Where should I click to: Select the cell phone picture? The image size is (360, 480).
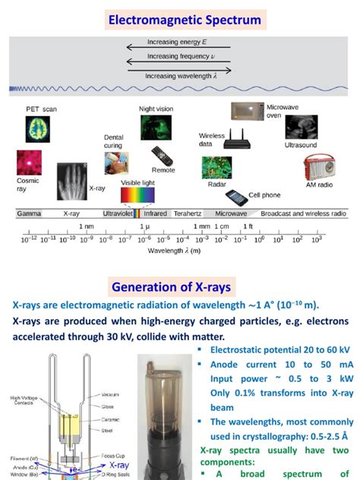coord(237,195)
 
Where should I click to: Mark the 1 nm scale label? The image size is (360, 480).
coord(86,226)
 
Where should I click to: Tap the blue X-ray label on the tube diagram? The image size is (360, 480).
coord(119,465)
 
